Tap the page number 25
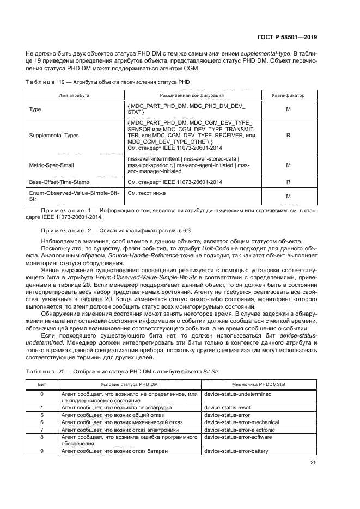(x=313, y=463)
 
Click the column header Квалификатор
(x=288, y=95)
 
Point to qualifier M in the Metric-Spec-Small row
(x=288, y=165)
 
